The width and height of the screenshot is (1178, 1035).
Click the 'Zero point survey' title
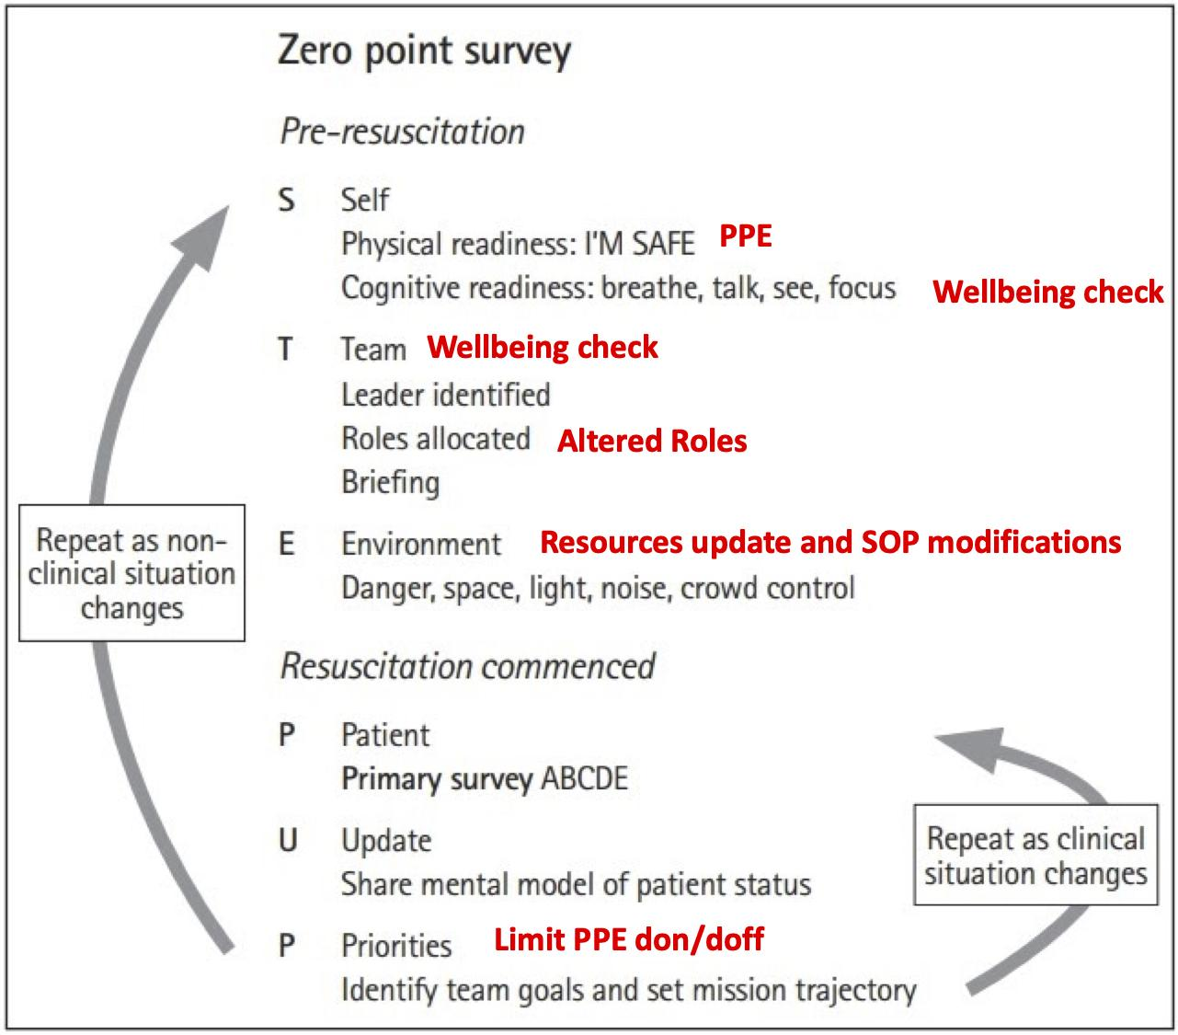click(425, 52)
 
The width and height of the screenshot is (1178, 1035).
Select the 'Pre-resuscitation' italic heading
click(403, 132)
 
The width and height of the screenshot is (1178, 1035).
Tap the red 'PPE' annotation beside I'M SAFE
click(746, 236)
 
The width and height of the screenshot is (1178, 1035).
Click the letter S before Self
click(287, 200)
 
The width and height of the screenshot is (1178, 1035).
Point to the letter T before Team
click(285, 349)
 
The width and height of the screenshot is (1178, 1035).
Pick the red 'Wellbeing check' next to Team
click(542, 348)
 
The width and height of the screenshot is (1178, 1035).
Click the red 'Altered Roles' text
click(652, 441)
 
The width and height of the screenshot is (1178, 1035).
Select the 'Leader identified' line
click(445, 395)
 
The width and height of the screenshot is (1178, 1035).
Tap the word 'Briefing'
click(390, 483)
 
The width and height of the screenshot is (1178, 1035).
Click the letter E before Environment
click(286, 544)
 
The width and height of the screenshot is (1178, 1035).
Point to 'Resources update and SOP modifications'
click(830, 542)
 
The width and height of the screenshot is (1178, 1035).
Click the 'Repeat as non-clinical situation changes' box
click(132, 573)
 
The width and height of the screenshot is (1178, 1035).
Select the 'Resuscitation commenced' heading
click(467, 666)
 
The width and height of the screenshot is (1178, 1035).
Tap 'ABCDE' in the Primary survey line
click(585, 778)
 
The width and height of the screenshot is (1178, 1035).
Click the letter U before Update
click(288, 840)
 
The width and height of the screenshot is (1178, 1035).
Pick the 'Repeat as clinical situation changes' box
click(1035, 855)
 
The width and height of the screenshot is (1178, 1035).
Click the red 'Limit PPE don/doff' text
click(628, 939)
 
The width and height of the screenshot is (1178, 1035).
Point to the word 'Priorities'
click(396, 946)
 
